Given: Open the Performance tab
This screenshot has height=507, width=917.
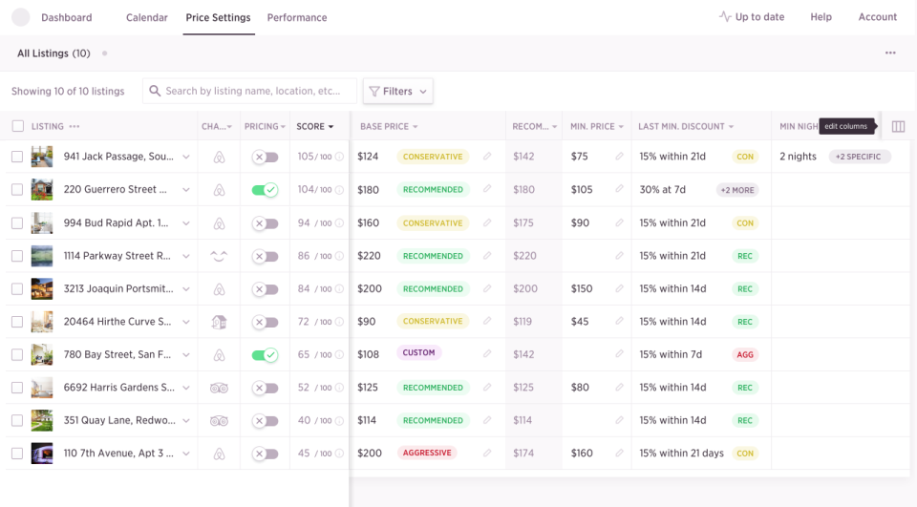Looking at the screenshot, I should coord(297,17).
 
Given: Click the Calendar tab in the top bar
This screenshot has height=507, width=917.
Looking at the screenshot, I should coord(147,17).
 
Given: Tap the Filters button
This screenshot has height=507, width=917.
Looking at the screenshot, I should coord(397,92).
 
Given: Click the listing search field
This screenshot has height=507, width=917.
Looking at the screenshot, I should coord(253,92).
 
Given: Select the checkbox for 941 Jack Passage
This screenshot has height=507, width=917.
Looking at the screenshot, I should coord(17,157).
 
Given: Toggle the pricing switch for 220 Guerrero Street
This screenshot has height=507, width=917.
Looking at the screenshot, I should coord(265,190).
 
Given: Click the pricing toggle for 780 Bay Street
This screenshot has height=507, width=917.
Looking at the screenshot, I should coord(265,355).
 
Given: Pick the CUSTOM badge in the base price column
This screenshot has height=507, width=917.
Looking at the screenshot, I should coord(418,353).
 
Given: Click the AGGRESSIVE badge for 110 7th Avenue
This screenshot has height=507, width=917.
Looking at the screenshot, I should coord(427,453).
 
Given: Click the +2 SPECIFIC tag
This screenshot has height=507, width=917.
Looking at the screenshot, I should coord(859,157).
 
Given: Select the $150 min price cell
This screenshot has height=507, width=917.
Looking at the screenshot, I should coord(581,289).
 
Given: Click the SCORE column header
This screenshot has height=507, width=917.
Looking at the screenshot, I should coord(314,126).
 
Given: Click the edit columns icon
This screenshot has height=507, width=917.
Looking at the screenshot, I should coord(898,126).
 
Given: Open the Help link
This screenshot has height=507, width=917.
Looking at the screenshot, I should coord(821,17).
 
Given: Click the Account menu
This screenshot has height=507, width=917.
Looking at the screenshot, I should coord(877,17).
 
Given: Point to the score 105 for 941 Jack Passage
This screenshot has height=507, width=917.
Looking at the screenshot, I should coord(306,157).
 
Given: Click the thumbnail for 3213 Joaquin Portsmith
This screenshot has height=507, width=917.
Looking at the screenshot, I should coord(42,289).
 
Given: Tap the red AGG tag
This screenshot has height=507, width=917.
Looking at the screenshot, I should coord(745,355).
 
